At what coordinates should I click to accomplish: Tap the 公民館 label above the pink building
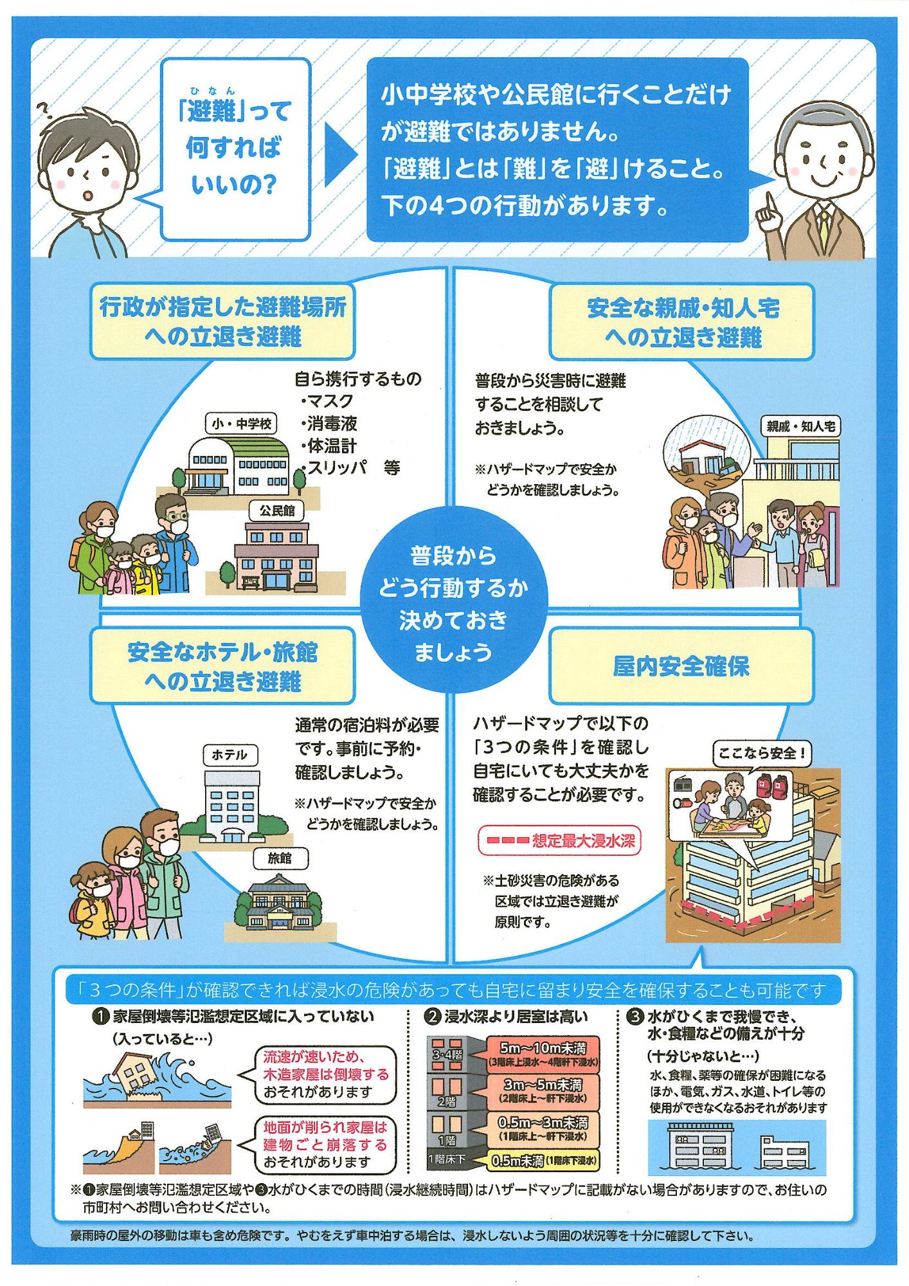pos(277,510)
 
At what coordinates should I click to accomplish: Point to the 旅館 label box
pos(280,858)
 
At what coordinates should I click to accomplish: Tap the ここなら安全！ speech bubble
pos(762,753)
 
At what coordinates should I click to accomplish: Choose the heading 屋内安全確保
pos(681,666)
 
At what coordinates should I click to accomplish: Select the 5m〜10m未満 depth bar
pos(543,1055)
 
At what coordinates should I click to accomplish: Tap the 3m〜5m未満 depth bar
pos(543,1091)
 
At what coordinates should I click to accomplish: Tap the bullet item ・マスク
pos(327,401)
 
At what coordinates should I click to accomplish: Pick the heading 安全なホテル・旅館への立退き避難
pos(222,666)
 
